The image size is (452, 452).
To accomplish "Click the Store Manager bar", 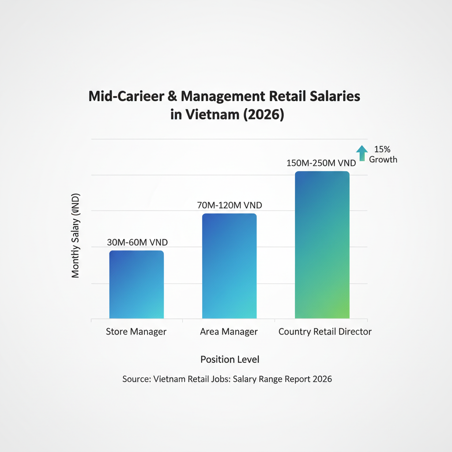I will [136, 285].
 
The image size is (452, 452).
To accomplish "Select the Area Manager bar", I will [229, 266].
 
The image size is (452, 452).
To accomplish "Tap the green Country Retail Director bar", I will [322, 245].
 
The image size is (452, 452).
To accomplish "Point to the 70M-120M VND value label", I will [230, 205].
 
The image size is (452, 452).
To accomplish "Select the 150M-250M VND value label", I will [321, 163].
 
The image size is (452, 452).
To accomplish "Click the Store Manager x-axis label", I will [136, 332].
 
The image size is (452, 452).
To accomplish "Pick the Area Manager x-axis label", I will [229, 332].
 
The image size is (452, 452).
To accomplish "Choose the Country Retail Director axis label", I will [325, 332].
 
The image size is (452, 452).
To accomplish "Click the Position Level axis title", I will [230, 359].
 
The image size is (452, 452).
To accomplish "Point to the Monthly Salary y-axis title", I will [75, 235].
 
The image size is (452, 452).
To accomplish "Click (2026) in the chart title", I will [263, 115].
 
